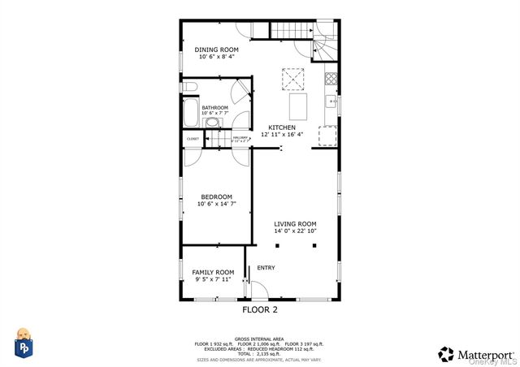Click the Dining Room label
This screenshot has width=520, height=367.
pyautogui.click(x=216, y=50)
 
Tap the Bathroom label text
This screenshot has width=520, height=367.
pyautogui.click(x=214, y=107)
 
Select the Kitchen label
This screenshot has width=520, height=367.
pyautogui.click(x=282, y=127)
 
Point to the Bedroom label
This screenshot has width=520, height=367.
pyautogui.click(x=217, y=196)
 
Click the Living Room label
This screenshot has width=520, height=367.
pyautogui.click(x=295, y=223)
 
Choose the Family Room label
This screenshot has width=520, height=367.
pyautogui.click(x=213, y=272)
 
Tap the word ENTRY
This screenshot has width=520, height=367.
pyautogui.click(x=266, y=268)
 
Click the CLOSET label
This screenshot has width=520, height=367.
pyautogui.click(x=193, y=139)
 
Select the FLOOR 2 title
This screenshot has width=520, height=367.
pyautogui.click(x=260, y=309)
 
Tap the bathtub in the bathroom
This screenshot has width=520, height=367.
pyautogui.click(x=190, y=111)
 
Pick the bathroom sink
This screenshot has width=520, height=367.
pyautogui.click(x=212, y=123)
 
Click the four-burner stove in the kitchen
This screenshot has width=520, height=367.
pyautogui.click(x=331, y=80)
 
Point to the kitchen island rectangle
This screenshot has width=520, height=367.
pyautogui.click(x=299, y=106)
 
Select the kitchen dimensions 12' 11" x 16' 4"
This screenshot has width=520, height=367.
pyautogui.click(x=282, y=135)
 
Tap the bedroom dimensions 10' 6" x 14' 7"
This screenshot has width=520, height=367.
pyautogui.click(x=217, y=204)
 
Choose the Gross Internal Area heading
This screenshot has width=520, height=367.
pyautogui.click(x=259, y=338)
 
